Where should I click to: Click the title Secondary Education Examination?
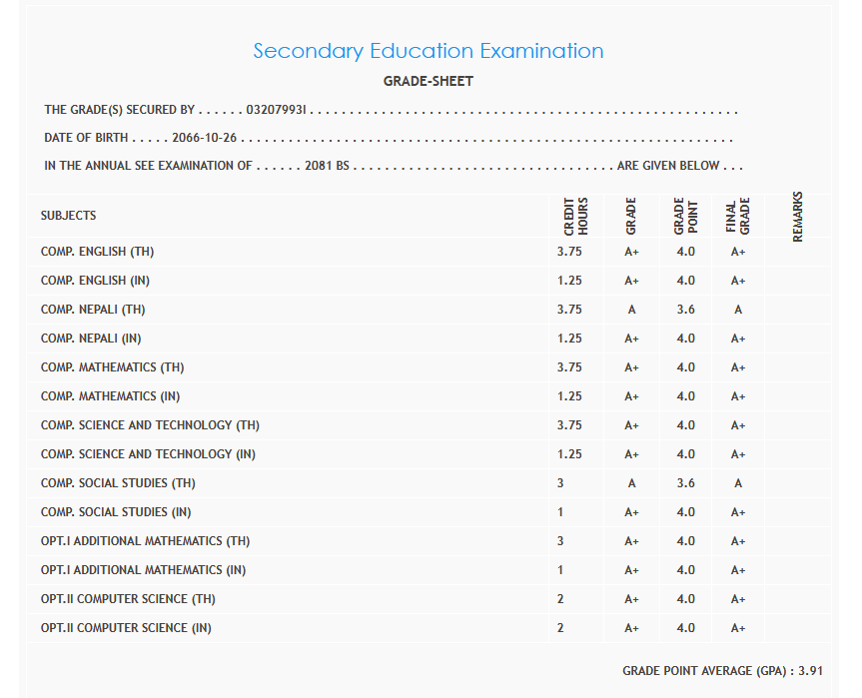point(429,51)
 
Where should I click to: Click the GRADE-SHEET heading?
point(429,81)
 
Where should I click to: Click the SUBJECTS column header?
point(69,216)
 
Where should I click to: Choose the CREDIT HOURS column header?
point(576,216)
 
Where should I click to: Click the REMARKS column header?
point(797,216)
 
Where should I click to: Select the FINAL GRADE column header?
point(738,216)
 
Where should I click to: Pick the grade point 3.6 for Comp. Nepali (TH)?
point(685,310)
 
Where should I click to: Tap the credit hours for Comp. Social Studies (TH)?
point(561,483)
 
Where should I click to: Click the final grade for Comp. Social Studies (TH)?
point(738,483)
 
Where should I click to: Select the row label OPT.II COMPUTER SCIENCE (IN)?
point(126,628)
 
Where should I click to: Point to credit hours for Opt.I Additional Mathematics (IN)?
point(561,570)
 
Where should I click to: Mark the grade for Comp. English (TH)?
point(631,252)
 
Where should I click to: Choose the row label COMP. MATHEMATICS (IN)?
point(110,396)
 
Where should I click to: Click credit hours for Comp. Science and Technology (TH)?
point(569,425)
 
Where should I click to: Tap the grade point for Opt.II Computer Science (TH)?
point(685,599)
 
